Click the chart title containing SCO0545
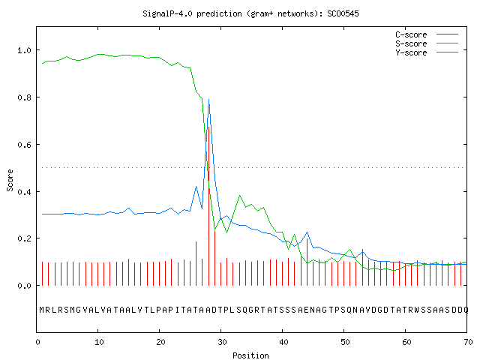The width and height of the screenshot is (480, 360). [250, 13]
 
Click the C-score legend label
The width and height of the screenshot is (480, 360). [411, 34]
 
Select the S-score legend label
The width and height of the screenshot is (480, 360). [411, 43]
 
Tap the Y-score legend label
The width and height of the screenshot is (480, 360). [411, 52]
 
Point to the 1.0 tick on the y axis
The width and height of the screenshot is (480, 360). [24, 50]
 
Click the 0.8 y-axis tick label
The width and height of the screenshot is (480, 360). [24, 97]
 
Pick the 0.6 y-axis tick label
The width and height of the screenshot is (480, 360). [24, 145]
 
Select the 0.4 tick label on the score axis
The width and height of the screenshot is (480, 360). [24, 192]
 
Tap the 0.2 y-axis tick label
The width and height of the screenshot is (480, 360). [24, 238]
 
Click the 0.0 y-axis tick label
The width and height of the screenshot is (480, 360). [24, 286]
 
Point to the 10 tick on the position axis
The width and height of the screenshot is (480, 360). [98, 342]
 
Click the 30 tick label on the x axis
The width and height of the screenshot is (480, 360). [222, 342]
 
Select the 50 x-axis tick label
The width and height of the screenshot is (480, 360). [345, 342]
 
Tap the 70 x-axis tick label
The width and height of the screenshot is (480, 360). [468, 342]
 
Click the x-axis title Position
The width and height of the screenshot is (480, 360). [250, 355]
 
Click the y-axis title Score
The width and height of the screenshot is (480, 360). [10, 180]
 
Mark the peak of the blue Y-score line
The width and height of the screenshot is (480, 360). [208, 99]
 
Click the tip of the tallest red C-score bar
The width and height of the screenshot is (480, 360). [208, 127]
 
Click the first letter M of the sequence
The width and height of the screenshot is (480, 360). [42, 310]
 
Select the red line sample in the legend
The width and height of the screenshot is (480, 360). [447, 34]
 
